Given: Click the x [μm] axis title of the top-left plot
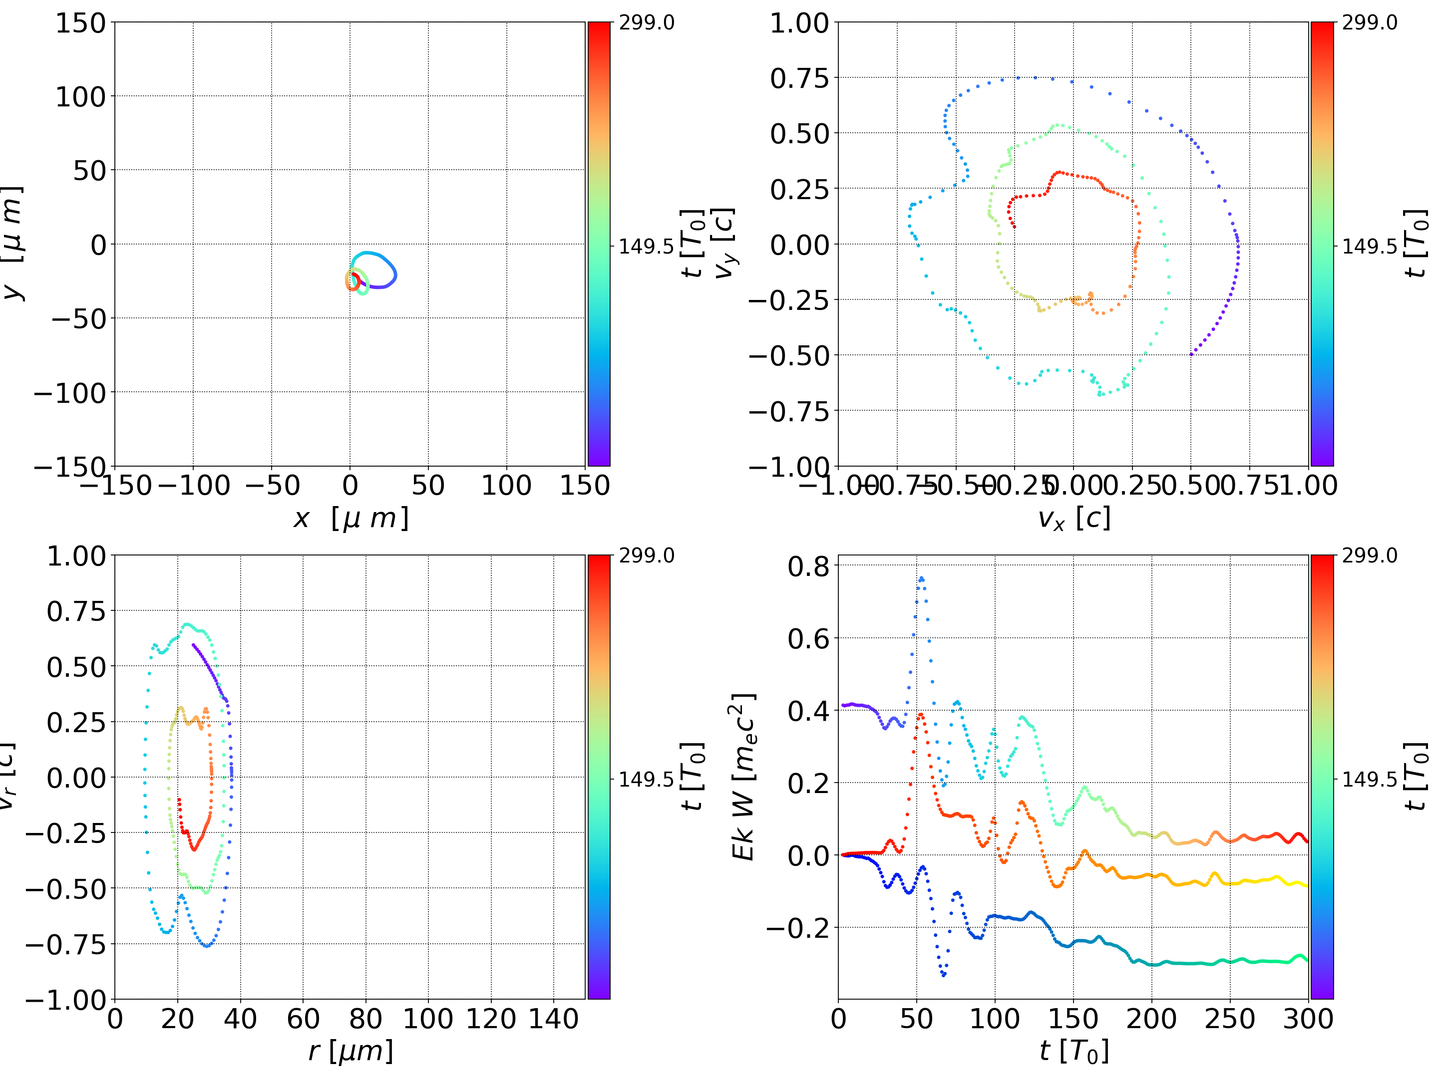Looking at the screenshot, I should tap(351, 519).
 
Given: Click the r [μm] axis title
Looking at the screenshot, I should tap(351, 1052).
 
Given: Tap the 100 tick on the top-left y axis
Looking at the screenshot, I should tap(80, 97).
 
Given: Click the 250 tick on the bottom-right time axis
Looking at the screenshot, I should tap(1230, 1019).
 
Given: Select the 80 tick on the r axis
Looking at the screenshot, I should tap(365, 1019).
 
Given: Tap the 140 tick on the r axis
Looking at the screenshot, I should tap(553, 1019).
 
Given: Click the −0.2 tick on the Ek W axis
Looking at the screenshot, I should tap(798, 927).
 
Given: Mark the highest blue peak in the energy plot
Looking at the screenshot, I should tap(921, 578).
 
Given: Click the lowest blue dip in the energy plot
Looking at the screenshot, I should tap(944, 975).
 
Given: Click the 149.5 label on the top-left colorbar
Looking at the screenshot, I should tap(646, 247).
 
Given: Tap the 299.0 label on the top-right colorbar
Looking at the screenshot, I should tap(1369, 23).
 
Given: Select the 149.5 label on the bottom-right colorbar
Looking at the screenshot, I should tap(1369, 779).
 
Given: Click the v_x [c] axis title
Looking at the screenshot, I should tap(1074, 519).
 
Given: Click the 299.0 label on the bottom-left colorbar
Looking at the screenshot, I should tap(646, 555).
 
